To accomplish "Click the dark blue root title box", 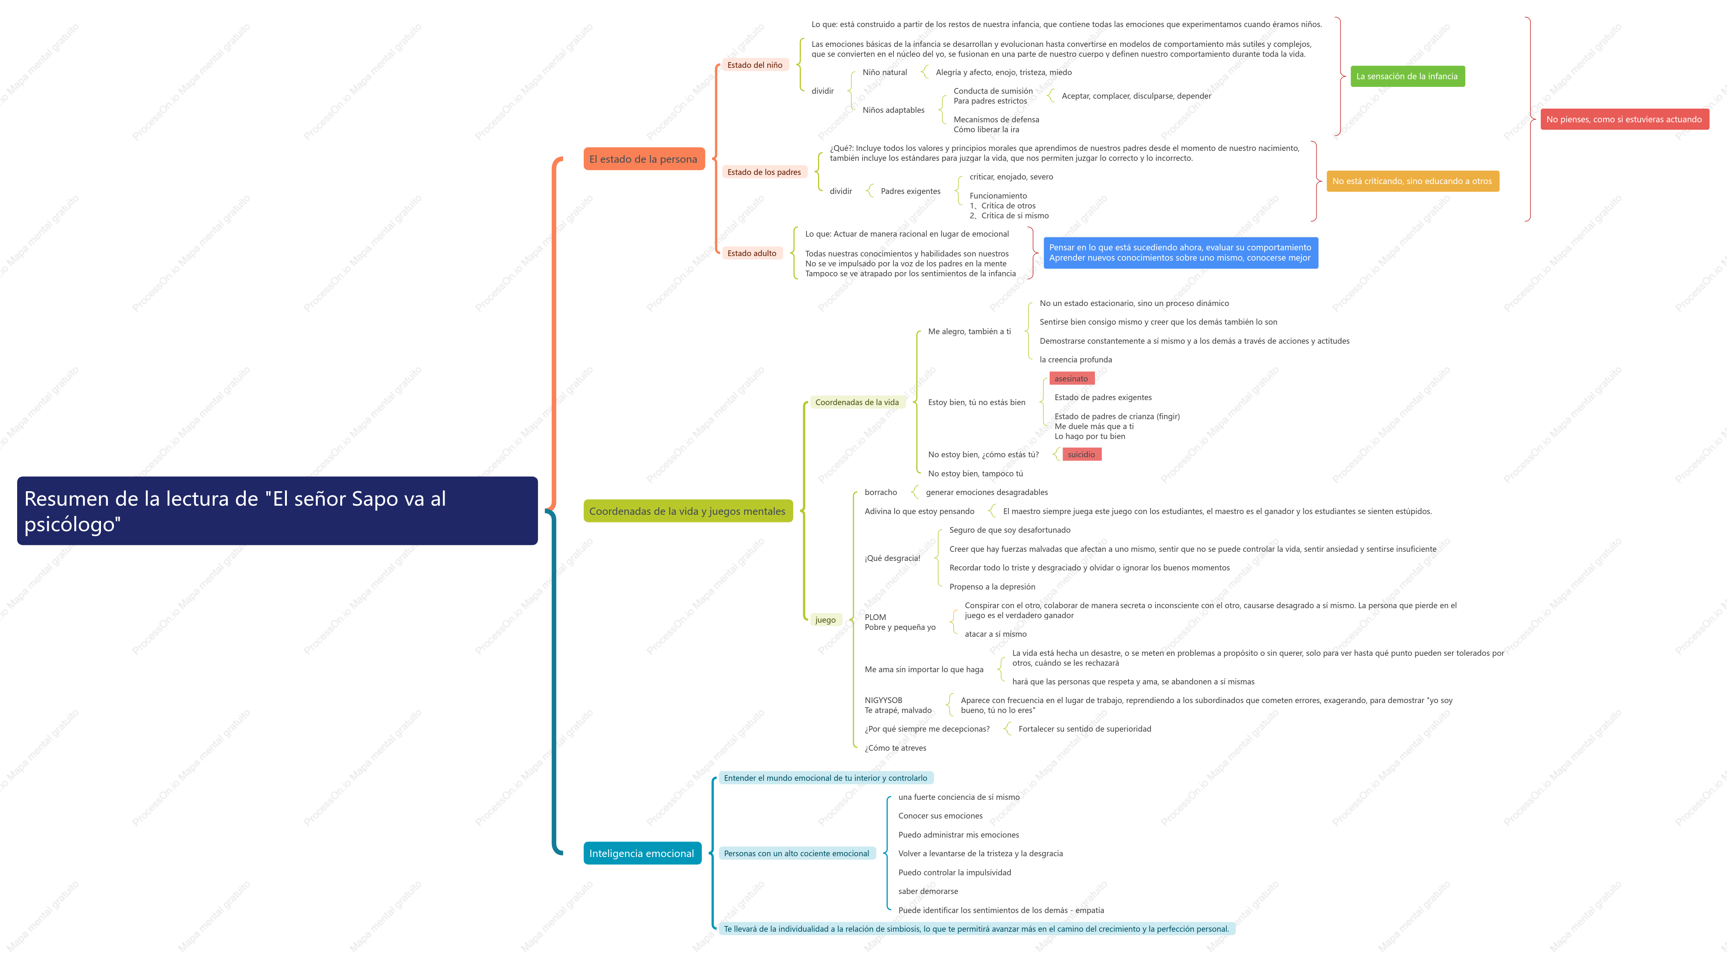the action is coord(277,511).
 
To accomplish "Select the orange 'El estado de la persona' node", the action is coord(643,159).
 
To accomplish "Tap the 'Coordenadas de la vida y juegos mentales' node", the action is coord(688,511).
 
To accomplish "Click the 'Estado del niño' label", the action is coord(755,65).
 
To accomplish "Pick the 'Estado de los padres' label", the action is coord(764,172).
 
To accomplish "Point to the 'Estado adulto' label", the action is coord(752,253).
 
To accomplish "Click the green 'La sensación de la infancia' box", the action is coord(1407,77).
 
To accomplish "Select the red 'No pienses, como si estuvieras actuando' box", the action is coord(1625,119).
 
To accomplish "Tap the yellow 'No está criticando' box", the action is coord(1413,181).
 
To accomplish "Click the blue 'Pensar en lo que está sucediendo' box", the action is coord(1181,253).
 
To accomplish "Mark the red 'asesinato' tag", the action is coord(1071,379).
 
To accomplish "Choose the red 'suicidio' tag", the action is coord(1081,455).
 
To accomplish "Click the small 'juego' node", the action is coord(825,620).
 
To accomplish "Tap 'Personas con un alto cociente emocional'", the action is coord(797,854).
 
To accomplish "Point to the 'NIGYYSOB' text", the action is coord(884,700).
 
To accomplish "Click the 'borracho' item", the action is coord(881,492).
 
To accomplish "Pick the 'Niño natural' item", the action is coord(885,72).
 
